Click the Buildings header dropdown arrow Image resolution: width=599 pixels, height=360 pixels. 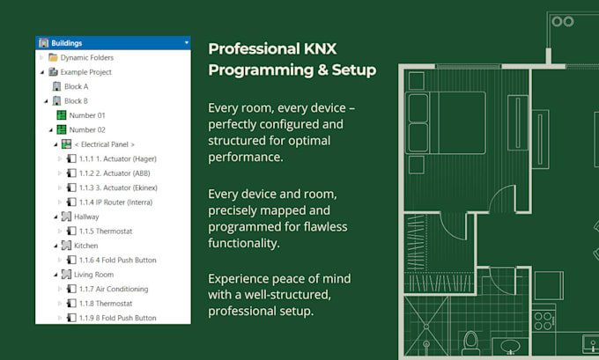(186, 42)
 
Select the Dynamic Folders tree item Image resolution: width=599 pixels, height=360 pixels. (86, 57)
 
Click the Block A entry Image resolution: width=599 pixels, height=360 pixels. (76, 86)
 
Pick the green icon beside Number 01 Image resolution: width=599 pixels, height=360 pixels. (62, 115)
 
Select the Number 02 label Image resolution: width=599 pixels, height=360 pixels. (87, 129)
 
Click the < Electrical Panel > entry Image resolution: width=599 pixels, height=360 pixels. (104, 144)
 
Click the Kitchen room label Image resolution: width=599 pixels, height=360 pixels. (86, 246)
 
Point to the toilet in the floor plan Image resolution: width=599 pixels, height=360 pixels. (470, 339)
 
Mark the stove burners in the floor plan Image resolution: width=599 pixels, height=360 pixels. (544, 316)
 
